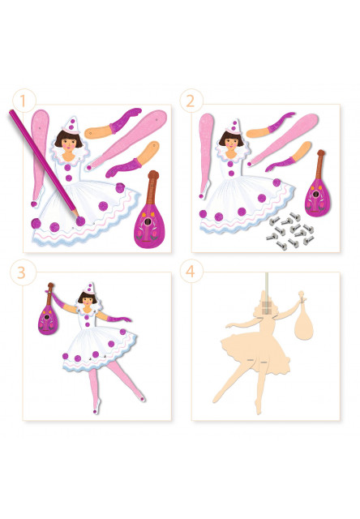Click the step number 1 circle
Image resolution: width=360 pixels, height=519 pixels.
(24, 101)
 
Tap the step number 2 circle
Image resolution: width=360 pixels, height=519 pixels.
(191, 101)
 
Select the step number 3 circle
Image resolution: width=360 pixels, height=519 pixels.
(22, 272)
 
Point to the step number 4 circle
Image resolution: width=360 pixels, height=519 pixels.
(191, 271)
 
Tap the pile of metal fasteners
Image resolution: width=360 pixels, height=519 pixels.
(290, 230)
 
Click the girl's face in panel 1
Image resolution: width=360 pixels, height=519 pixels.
(68, 144)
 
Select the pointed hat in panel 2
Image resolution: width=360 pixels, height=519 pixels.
(234, 127)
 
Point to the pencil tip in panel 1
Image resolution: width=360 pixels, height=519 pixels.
(77, 214)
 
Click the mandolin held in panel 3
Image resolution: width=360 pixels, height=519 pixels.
(49, 310)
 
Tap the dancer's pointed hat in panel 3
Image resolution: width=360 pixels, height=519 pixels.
(89, 289)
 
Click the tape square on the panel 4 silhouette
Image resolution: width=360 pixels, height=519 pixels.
(267, 307)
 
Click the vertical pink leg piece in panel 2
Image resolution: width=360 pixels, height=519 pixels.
(205, 156)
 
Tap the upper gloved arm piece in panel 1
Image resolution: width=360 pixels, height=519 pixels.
(113, 124)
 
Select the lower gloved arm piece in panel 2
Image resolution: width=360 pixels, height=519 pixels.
(289, 157)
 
